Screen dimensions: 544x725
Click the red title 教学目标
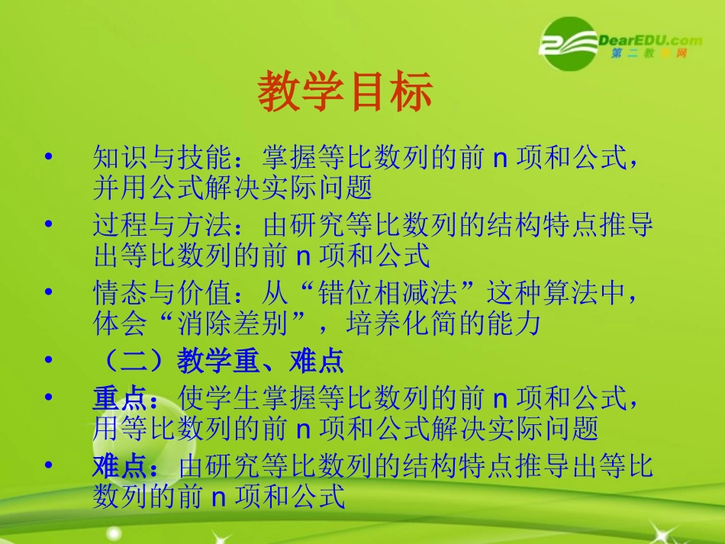click(345, 92)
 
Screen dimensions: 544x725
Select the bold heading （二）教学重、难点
click(218, 361)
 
